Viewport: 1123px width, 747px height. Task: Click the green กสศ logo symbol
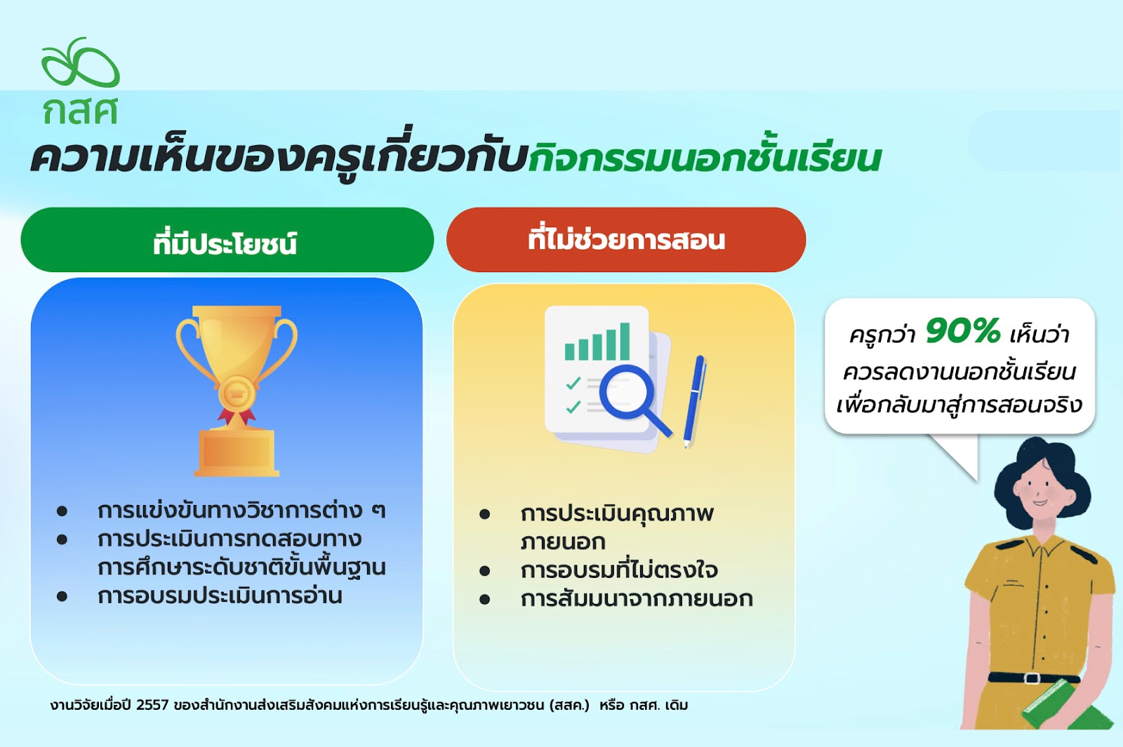click(80, 62)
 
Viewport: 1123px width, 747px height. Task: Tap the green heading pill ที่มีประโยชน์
click(227, 240)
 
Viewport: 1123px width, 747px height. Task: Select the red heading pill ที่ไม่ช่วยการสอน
click(626, 240)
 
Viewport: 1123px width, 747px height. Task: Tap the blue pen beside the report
click(695, 401)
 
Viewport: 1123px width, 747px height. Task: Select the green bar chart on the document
click(597, 342)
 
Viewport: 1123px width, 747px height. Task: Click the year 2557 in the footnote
click(152, 706)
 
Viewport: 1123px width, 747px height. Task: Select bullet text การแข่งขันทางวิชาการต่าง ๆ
click(241, 511)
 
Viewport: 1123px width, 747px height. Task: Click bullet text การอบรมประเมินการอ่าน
click(220, 596)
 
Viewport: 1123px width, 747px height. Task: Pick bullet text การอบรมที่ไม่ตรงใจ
click(619, 571)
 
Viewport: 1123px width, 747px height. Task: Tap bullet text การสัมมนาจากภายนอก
click(637, 599)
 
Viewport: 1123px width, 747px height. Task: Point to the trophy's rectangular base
click(237, 453)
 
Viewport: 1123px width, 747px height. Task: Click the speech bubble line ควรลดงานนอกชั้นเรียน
click(959, 372)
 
